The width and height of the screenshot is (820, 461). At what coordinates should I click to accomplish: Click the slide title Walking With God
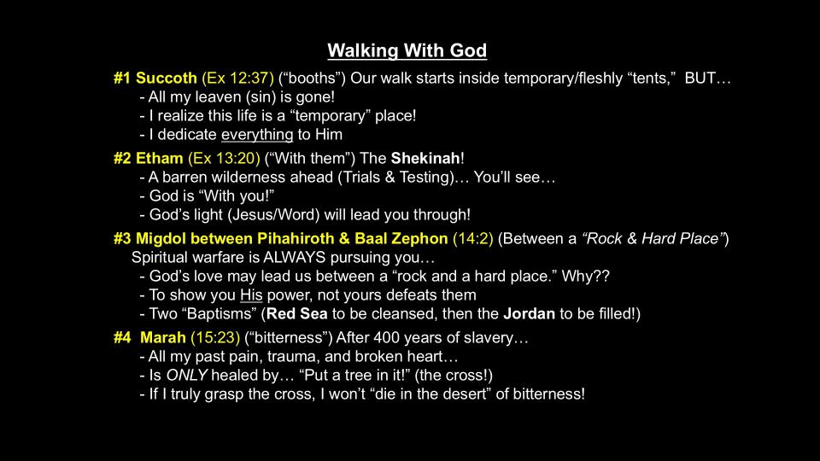(407, 50)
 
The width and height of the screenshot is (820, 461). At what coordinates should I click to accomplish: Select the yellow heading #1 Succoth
(155, 78)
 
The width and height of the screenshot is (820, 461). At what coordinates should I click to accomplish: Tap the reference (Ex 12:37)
(237, 78)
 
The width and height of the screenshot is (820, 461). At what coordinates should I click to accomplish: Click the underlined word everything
(257, 135)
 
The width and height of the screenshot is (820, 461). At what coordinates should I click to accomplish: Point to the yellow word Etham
(160, 159)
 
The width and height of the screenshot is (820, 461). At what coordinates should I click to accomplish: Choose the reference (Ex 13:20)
(224, 159)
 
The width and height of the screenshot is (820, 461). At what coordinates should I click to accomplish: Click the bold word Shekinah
(425, 159)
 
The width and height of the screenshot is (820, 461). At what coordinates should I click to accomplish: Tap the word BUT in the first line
(700, 78)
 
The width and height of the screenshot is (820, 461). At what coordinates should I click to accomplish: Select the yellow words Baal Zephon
(401, 238)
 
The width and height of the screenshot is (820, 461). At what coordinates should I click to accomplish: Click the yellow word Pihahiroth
(296, 238)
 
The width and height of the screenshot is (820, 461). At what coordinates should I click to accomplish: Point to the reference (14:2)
(472, 238)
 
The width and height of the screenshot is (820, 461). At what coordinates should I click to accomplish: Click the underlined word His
(251, 295)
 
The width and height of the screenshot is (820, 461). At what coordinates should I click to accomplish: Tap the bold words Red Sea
(297, 313)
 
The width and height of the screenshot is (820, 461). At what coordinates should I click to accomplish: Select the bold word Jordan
(530, 313)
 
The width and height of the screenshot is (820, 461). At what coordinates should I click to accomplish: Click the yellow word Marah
(162, 338)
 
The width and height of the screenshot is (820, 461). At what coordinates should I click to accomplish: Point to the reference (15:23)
(215, 338)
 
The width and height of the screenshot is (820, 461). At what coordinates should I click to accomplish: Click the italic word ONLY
(187, 376)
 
